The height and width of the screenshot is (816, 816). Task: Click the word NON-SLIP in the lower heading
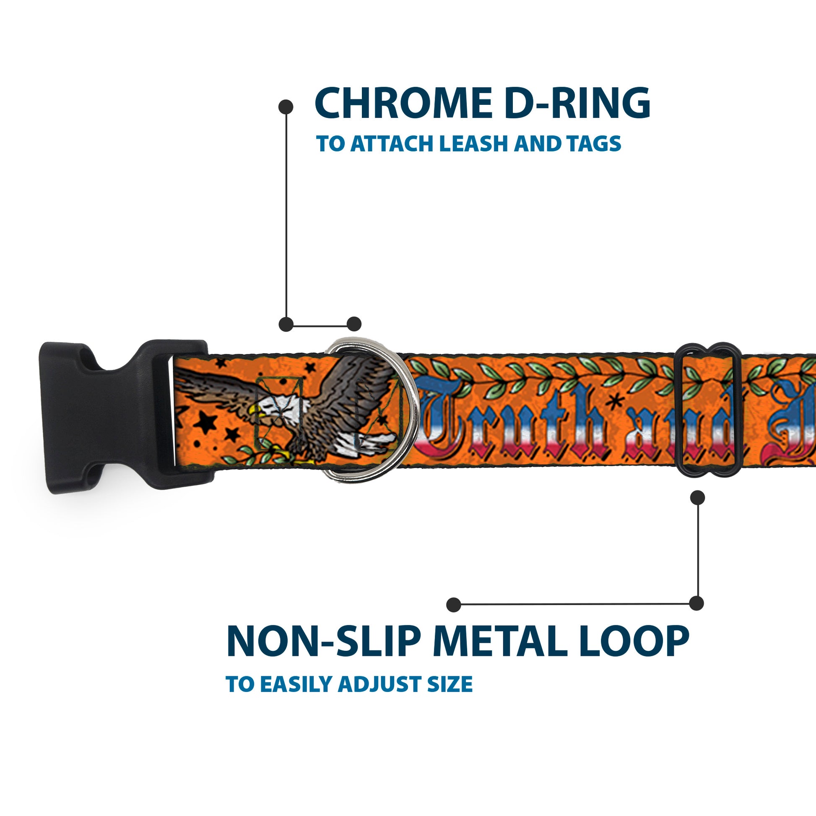click(323, 642)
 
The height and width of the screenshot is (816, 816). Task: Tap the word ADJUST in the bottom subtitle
click(380, 684)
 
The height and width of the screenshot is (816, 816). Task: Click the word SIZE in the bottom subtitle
click(450, 684)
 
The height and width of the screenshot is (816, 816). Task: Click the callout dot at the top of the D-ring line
click(286, 107)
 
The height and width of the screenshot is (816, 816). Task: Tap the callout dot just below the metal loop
click(697, 498)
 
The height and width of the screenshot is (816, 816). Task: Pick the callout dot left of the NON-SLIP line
click(453, 604)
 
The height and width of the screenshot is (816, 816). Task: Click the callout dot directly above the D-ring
click(354, 324)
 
